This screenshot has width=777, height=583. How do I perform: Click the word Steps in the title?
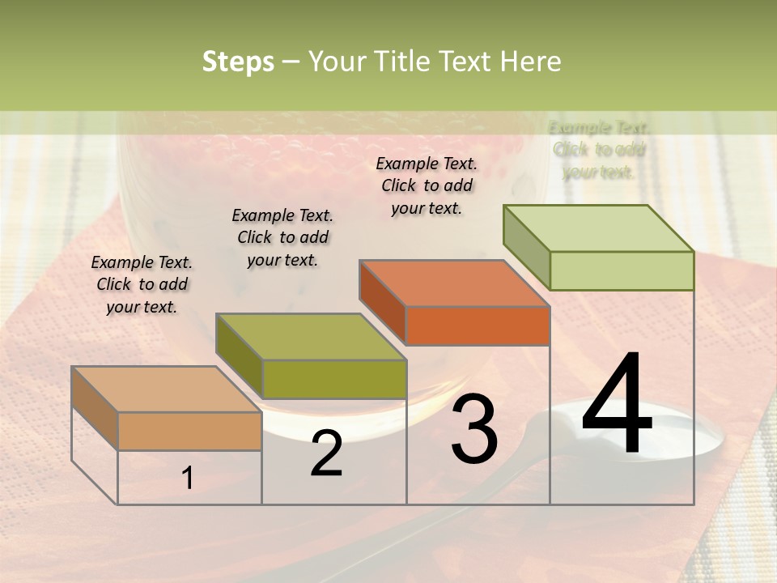(238, 62)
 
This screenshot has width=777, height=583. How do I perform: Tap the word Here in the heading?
(530, 62)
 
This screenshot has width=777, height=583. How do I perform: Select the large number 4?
(618, 405)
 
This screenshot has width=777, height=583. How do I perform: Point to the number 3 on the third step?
(474, 429)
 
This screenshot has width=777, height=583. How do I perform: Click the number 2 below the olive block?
(326, 453)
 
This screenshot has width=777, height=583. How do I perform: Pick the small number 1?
(188, 479)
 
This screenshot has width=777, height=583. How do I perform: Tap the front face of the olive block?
(334, 379)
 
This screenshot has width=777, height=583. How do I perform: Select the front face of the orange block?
(478, 326)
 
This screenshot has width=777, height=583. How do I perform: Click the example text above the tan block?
(142, 284)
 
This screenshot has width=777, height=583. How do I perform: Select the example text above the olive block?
(282, 237)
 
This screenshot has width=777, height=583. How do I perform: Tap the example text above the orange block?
(427, 185)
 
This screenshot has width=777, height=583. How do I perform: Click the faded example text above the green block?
(599, 150)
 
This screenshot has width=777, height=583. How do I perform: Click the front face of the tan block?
(189, 431)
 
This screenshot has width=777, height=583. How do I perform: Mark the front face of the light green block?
(622, 270)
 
